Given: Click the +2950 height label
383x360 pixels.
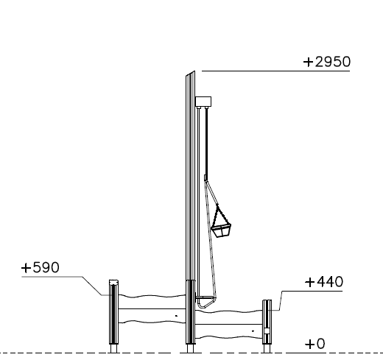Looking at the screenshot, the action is coord(327,62).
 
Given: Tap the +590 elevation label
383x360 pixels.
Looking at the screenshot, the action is coord(41,267).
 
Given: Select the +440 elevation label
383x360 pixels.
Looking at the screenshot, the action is coord(324,282).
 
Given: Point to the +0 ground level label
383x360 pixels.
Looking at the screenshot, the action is coord(315,344).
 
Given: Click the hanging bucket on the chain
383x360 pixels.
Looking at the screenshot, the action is coord(221,230).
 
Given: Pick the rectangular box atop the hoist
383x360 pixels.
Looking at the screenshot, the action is coord(203,102).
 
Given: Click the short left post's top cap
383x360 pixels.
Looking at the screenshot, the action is coord(113,282).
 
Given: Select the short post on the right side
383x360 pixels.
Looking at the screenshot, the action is coord(267,322).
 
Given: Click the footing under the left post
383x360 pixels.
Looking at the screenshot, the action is coord(113,348).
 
